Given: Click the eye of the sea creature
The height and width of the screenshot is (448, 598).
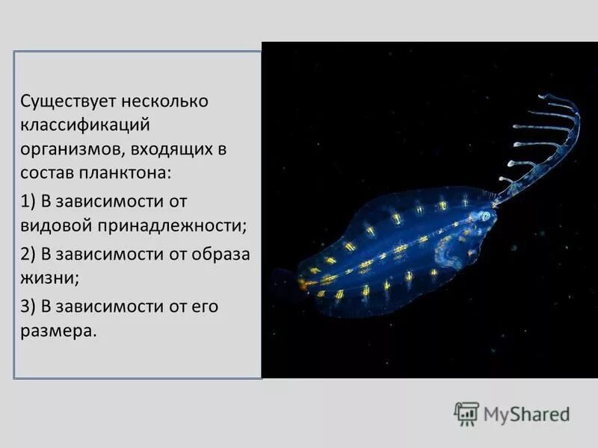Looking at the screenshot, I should point(486,216).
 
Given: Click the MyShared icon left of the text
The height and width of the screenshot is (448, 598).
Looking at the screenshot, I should point(466,414).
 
